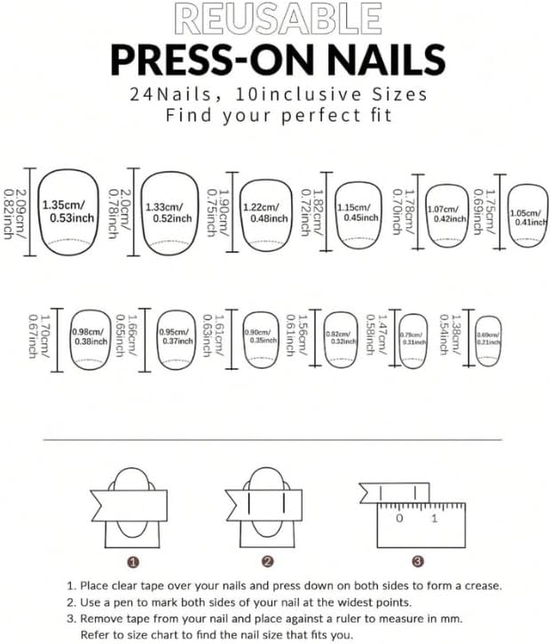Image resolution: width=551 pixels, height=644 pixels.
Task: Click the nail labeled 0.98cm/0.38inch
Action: click(x=89, y=336)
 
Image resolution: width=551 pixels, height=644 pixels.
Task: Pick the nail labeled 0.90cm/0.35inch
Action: click(x=259, y=336)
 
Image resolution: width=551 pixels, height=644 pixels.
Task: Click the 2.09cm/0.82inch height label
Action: click(x=13, y=212)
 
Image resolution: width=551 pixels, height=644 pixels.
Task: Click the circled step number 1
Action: click(x=132, y=562)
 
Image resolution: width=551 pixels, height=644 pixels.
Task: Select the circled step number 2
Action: click(x=267, y=562)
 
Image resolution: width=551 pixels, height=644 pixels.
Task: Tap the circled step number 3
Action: click(x=417, y=562)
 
